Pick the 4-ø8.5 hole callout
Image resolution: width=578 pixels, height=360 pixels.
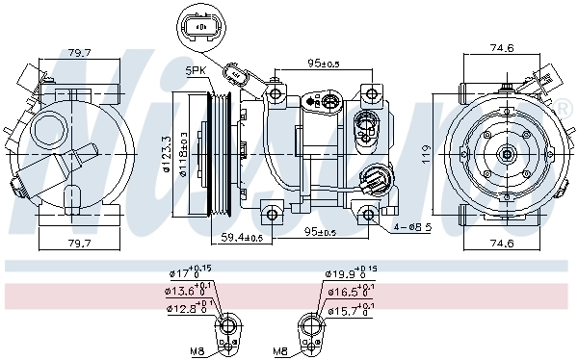point(411,227)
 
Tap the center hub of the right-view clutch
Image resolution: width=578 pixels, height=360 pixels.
point(507,153)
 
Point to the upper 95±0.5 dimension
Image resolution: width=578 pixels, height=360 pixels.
point(323,64)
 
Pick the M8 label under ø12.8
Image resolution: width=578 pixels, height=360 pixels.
point(196,350)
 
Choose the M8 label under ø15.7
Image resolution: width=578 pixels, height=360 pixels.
point(280,350)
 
